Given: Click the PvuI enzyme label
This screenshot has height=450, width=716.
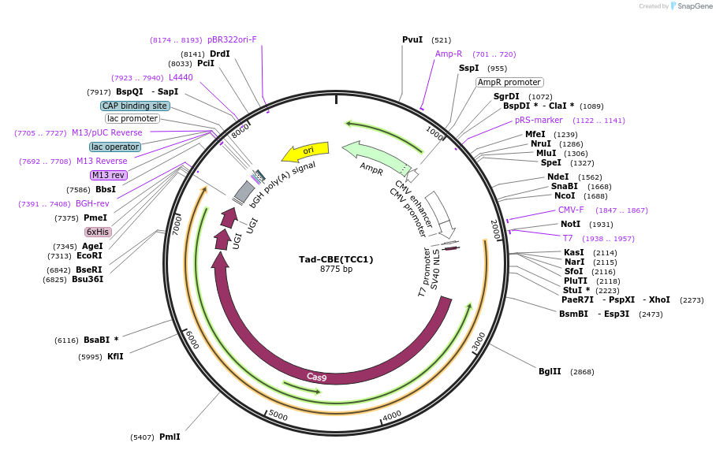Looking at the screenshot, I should point(412,39).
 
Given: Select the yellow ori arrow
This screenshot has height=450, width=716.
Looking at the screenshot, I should point(306,151).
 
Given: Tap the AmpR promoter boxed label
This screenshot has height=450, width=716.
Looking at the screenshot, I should point(509,82).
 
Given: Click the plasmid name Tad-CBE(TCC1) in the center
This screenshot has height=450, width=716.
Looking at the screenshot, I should point(336,259).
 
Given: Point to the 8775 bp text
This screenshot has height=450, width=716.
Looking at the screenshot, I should point(336,270).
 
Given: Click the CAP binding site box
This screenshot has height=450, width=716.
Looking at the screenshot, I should point(135,106).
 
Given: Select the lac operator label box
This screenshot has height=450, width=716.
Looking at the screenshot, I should point(115,147).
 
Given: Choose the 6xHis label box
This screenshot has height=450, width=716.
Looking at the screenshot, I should point(98,232).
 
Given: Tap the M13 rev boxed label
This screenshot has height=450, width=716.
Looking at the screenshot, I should point(108,175).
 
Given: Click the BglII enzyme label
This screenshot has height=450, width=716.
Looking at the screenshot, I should point(550,371).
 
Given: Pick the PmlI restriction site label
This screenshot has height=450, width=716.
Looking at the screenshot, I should point(170,437).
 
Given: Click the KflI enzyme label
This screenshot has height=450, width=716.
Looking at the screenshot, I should point(115,356).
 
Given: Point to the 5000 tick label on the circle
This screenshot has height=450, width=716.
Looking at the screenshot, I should point(278,414).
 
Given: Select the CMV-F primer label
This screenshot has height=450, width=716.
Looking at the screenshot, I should point(571,210).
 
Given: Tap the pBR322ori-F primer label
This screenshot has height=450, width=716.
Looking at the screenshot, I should point(232,39).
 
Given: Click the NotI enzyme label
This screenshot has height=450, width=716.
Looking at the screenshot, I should point(570,225).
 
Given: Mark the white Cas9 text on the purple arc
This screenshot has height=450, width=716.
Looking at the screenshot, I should point(317,377).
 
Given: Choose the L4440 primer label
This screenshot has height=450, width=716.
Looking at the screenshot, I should point(181,77).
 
